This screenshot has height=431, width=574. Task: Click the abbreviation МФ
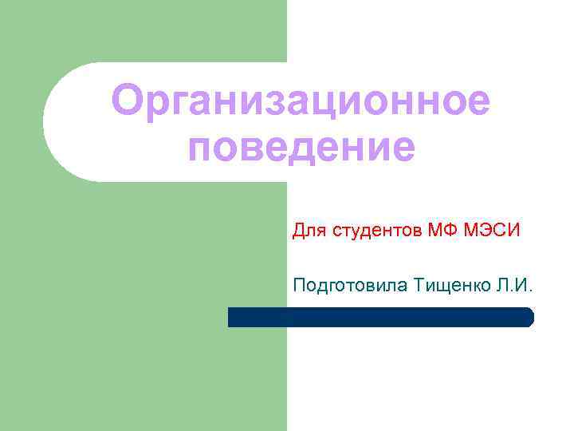(442, 232)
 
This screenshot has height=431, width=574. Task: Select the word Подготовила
(351, 285)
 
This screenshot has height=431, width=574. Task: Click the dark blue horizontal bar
(380, 317)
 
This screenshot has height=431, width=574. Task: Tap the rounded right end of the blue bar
(528, 317)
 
